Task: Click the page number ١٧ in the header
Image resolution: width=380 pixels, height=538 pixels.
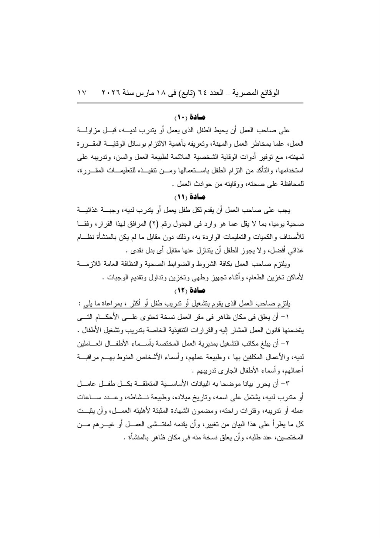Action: tap(82, 93)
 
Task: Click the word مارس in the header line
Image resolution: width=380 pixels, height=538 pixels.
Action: tap(146, 93)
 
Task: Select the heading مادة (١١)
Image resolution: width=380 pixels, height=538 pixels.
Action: tap(190, 197)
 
